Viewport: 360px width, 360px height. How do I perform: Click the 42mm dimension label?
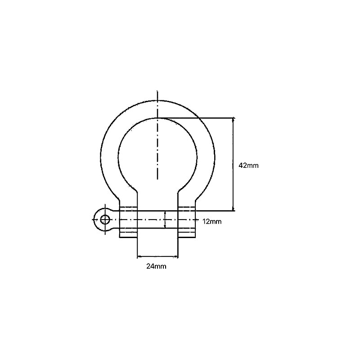(x=248, y=165)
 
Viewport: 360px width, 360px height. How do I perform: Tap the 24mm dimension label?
(x=157, y=266)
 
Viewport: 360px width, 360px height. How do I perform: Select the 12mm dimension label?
(x=212, y=221)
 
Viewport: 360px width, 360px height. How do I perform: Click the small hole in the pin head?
(x=105, y=220)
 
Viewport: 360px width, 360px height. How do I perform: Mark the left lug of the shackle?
(x=128, y=222)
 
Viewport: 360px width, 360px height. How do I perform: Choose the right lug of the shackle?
(x=187, y=222)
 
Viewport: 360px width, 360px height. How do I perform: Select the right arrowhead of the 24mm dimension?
(x=176, y=257)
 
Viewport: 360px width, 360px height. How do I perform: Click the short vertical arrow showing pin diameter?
(x=165, y=220)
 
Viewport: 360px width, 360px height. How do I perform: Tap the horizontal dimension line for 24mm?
(x=157, y=257)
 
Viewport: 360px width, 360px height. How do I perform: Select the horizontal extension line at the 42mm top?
(x=198, y=118)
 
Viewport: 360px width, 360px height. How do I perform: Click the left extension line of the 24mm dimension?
(x=137, y=247)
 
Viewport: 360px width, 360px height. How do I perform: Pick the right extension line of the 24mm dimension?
(x=178, y=247)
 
